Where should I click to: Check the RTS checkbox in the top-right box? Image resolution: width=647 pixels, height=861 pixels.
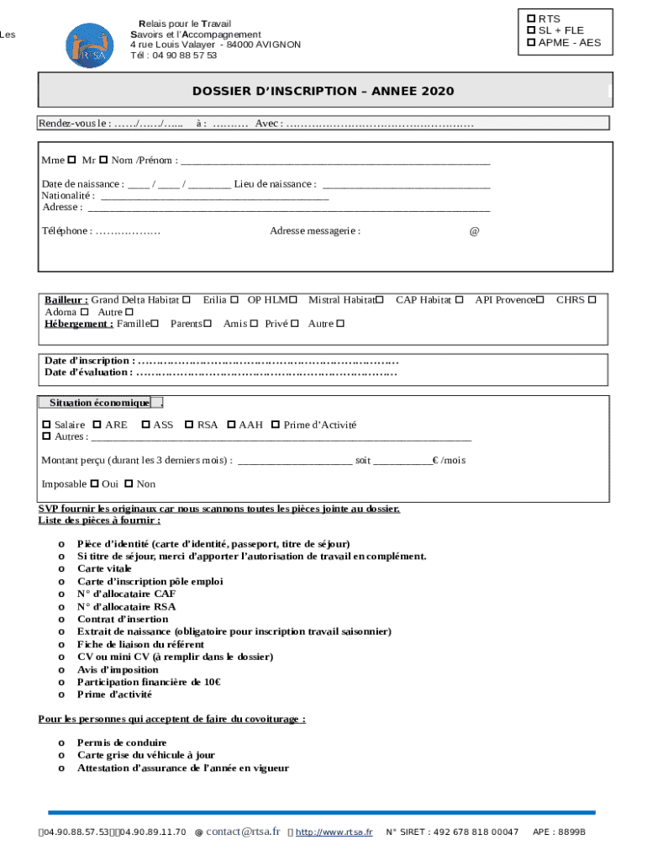(x=531, y=18)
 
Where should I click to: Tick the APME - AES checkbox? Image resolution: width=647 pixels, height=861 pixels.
(x=531, y=42)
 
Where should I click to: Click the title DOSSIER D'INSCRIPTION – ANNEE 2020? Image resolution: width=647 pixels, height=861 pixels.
(x=323, y=91)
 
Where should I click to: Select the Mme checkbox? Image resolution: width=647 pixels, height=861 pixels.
(x=71, y=160)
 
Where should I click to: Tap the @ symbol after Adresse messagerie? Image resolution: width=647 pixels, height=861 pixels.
(x=474, y=231)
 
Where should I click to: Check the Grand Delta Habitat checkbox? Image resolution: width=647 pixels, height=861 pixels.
(x=186, y=299)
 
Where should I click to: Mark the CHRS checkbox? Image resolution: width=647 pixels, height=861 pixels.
(x=592, y=299)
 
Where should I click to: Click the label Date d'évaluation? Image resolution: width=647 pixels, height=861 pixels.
(x=87, y=372)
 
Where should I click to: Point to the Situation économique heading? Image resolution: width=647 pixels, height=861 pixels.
(x=99, y=403)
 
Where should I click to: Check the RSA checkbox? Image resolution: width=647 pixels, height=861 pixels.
(x=189, y=425)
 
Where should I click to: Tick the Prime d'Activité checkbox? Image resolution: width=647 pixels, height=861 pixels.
(x=275, y=425)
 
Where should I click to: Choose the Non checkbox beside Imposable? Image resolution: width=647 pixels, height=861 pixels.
(x=129, y=483)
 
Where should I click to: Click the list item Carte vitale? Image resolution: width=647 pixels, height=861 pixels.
(x=104, y=568)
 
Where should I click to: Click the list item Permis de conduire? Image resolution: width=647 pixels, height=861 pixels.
(x=122, y=742)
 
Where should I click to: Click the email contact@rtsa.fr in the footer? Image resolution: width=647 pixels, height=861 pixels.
(x=243, y=832)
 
